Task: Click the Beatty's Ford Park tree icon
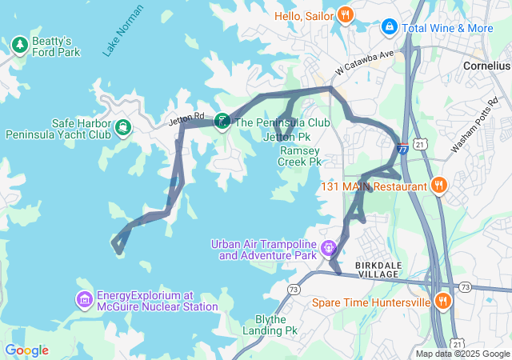click(19, 42)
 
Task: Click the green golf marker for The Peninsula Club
click(222, 121)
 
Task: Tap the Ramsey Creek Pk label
click(299, 155)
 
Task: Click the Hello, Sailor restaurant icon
click(345, 14)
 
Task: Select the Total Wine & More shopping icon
click(390, 27)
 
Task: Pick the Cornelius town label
click(487, 66)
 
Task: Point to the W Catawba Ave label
click(365, 63)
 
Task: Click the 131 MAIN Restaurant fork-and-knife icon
click(438, 186)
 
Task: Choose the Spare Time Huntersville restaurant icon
click(442, 302)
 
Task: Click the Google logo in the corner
click(26, 350)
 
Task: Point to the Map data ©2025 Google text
click(462, 354)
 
